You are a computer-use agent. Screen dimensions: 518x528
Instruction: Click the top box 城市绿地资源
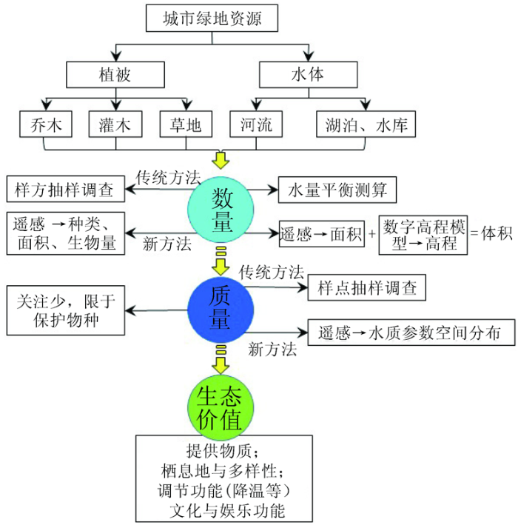point(212,19)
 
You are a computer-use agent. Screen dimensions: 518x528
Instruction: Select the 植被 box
point(115,74)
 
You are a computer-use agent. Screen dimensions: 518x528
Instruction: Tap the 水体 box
point(308,74)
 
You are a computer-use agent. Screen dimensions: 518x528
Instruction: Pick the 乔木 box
point(46,124)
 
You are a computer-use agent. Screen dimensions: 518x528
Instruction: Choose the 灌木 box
point(115,124)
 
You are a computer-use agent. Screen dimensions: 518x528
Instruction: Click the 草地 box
point(186,124)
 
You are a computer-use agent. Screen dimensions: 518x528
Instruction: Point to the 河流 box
point(256,124)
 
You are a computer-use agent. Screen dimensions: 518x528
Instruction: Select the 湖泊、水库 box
point(366,124)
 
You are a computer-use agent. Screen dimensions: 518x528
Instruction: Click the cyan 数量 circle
point(221,210)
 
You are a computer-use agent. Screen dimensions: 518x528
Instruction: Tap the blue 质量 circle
point(221,310)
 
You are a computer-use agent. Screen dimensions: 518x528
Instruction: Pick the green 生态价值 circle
point(221,407)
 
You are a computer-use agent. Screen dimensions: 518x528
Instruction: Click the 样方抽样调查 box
point(66,189)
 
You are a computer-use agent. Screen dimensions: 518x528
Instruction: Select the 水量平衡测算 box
point(337,190)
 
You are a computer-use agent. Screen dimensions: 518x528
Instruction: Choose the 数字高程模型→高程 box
point(423,235)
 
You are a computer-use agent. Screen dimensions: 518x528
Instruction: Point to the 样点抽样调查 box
point(367,287)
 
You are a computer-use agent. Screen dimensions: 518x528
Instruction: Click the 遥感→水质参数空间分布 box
point(411,332)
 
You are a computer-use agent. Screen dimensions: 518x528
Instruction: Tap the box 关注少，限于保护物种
point(66,310)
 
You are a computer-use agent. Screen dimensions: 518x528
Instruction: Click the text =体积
point(491,233)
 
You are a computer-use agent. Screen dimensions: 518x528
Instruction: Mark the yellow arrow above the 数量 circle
point(221,160)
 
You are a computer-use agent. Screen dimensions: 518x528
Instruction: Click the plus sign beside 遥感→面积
point(372,233)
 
